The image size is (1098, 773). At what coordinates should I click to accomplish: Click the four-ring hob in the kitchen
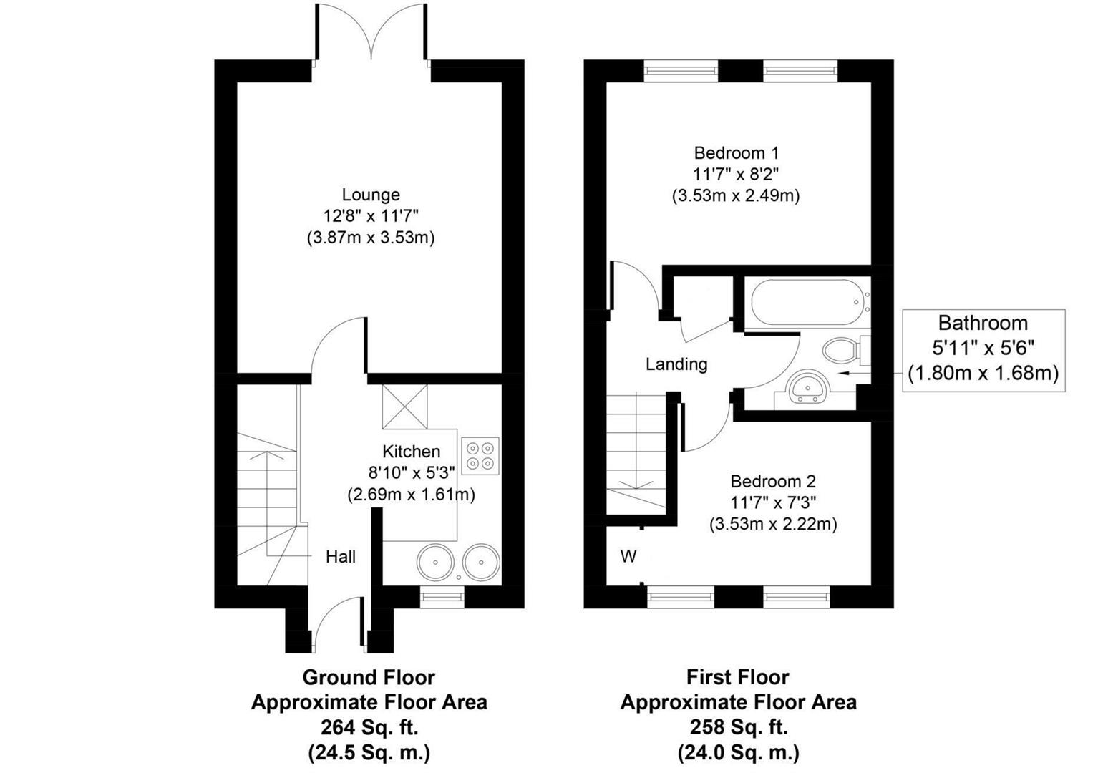point(480,456)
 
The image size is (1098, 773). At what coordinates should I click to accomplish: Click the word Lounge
point(371,195)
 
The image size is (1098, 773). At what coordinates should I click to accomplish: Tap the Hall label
point(341,556)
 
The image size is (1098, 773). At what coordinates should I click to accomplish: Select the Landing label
point(676,364)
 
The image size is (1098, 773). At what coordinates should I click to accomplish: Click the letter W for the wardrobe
point(628,556)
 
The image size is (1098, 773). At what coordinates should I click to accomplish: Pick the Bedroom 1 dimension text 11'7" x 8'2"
point(736,174)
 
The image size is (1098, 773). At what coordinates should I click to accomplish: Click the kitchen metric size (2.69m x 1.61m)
point(412,495)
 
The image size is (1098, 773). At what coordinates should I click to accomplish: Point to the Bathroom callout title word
point(983,323)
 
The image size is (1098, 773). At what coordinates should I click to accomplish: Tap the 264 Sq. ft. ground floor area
point(369,727)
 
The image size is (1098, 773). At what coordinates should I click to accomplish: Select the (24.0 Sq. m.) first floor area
point(738,752)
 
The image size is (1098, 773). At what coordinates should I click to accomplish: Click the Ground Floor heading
point(369,677)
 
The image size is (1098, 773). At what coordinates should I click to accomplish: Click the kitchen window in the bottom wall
point(442,596)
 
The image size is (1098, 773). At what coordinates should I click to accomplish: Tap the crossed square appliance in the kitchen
point(405,407)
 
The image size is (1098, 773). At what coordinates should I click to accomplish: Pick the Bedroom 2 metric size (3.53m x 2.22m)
point(773,524)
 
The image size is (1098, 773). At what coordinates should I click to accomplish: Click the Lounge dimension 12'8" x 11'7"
point(371,215)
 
